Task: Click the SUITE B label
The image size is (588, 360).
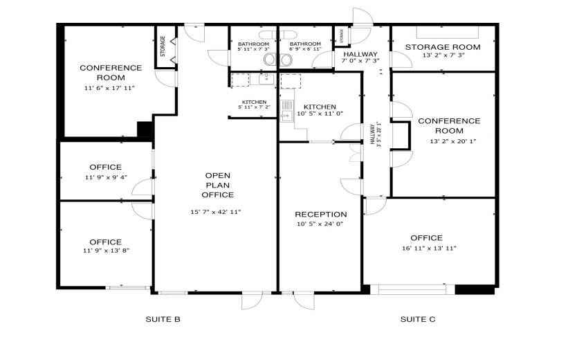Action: click(163, 319)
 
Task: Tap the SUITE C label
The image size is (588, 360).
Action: click(418, 319)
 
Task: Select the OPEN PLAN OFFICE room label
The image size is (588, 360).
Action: click(218, 185)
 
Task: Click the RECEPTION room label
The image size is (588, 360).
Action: click(320, 214)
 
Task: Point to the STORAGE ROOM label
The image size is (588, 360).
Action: click(442, 47)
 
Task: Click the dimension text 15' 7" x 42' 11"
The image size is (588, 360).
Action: click(216, 212)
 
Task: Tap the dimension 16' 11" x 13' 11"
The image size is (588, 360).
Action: click(429, 249)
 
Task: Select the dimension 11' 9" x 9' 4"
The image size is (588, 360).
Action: click(105, 178)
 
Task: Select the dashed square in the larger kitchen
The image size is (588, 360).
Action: click(291, 81)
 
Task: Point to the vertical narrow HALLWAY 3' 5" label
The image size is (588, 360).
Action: click(376, 135)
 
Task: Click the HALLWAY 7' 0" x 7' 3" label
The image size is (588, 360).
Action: click(360, 57)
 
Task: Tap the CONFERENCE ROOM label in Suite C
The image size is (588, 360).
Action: click(449, 126)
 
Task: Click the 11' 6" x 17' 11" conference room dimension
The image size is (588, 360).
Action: click(111, 89)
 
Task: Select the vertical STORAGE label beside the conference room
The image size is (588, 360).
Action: click(163, 47)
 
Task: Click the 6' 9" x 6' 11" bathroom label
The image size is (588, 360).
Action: click(300, 46)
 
